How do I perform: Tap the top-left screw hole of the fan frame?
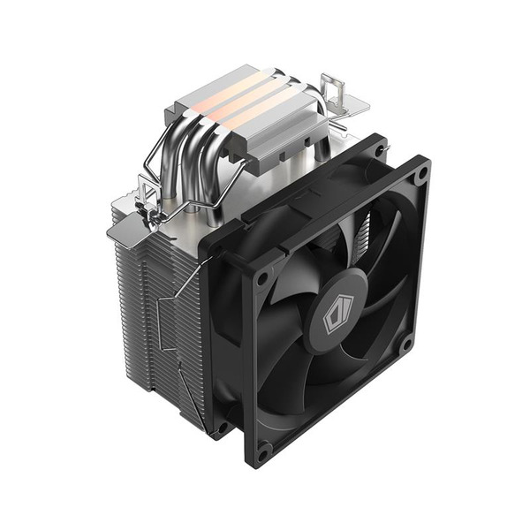(261, 280)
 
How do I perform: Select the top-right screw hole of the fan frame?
(420, 174)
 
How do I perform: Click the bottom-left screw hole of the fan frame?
(262, 450)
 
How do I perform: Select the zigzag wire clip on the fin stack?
(181, 327)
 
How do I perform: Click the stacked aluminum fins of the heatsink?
(150, 309)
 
